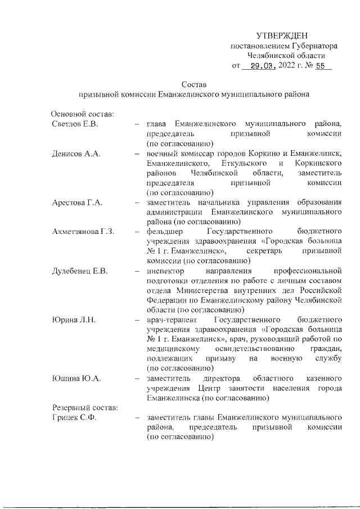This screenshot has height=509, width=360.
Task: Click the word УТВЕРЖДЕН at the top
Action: [x=286, y=36]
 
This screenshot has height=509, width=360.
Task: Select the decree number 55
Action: [x=321, y=65]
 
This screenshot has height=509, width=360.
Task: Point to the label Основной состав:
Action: [x=83, y=114]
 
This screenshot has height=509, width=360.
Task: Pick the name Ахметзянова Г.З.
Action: [x=83, y=231]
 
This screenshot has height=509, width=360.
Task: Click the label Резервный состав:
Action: [x=84, y=407]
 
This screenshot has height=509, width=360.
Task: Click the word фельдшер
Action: [x=163, y=231]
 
